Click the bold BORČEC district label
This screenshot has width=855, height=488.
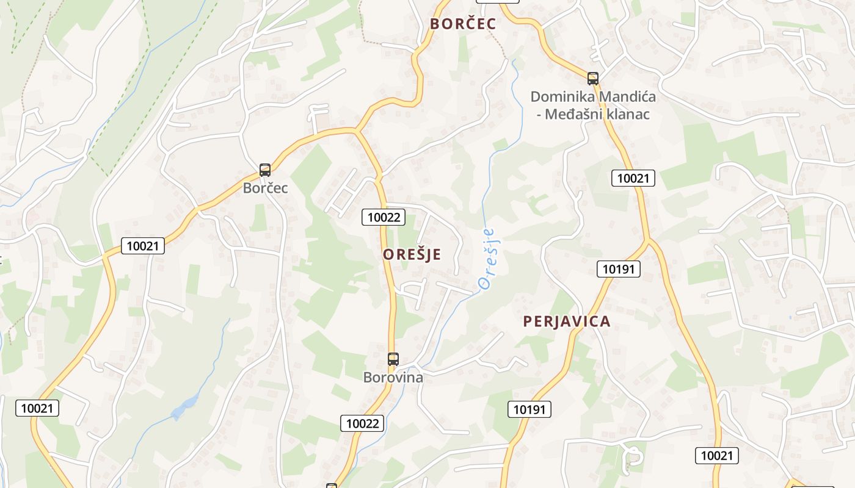pos(462,24)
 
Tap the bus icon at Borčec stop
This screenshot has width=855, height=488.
pos(265,170)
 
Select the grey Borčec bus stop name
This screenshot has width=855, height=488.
pos(265,188)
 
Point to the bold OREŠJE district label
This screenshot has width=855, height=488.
pos(412,254)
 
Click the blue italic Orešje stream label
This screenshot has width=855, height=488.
pos(487,259)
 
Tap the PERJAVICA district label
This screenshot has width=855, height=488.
pos(566,321)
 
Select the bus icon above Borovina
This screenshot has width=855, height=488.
pos(393,359)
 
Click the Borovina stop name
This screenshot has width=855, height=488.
pos(393,378)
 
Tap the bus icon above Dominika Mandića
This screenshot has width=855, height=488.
pos(592,78)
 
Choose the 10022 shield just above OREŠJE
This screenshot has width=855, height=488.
pos(384,217)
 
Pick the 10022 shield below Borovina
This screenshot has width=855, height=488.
pos(363,423)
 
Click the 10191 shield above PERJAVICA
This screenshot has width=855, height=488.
pos(619,269)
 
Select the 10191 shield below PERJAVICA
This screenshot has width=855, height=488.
pos(529,409)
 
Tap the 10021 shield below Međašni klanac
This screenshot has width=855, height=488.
pos(633,178)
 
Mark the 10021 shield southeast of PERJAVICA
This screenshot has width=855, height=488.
pos(716,455)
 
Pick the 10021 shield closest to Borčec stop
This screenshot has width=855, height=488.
pos(143,246)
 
